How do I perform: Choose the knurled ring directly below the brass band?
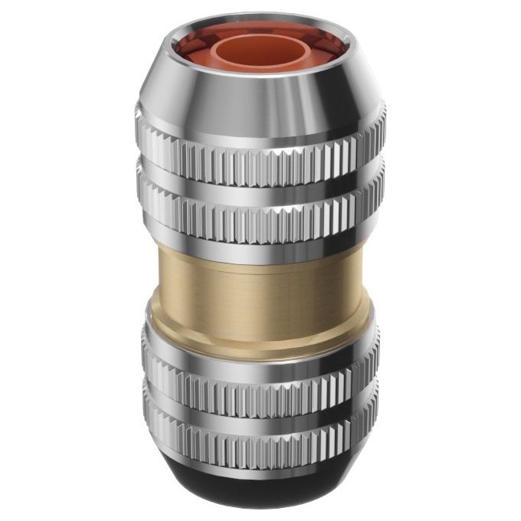click(260, 383)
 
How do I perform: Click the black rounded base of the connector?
click(260, 490)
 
